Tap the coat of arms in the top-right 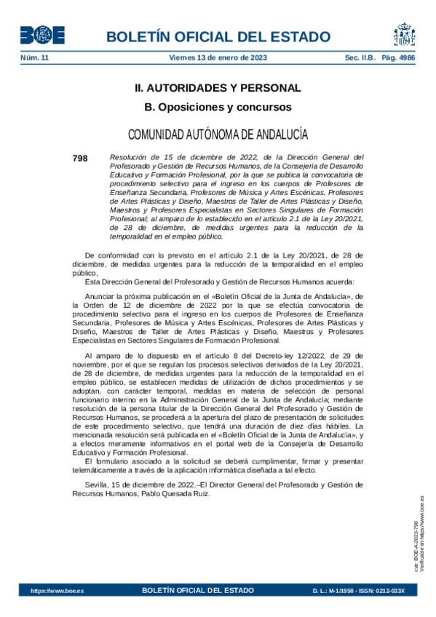pyautogui.click(x=405, y=34)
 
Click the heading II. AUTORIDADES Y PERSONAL pyautogui.click(x=218, y=88)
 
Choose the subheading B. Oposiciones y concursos pyautogui.click(x=218, y=107)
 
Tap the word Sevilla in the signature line pyautogui.click(x=98, y=485)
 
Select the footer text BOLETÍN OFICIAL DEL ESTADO pyautogui.click(x=198, y=591)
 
